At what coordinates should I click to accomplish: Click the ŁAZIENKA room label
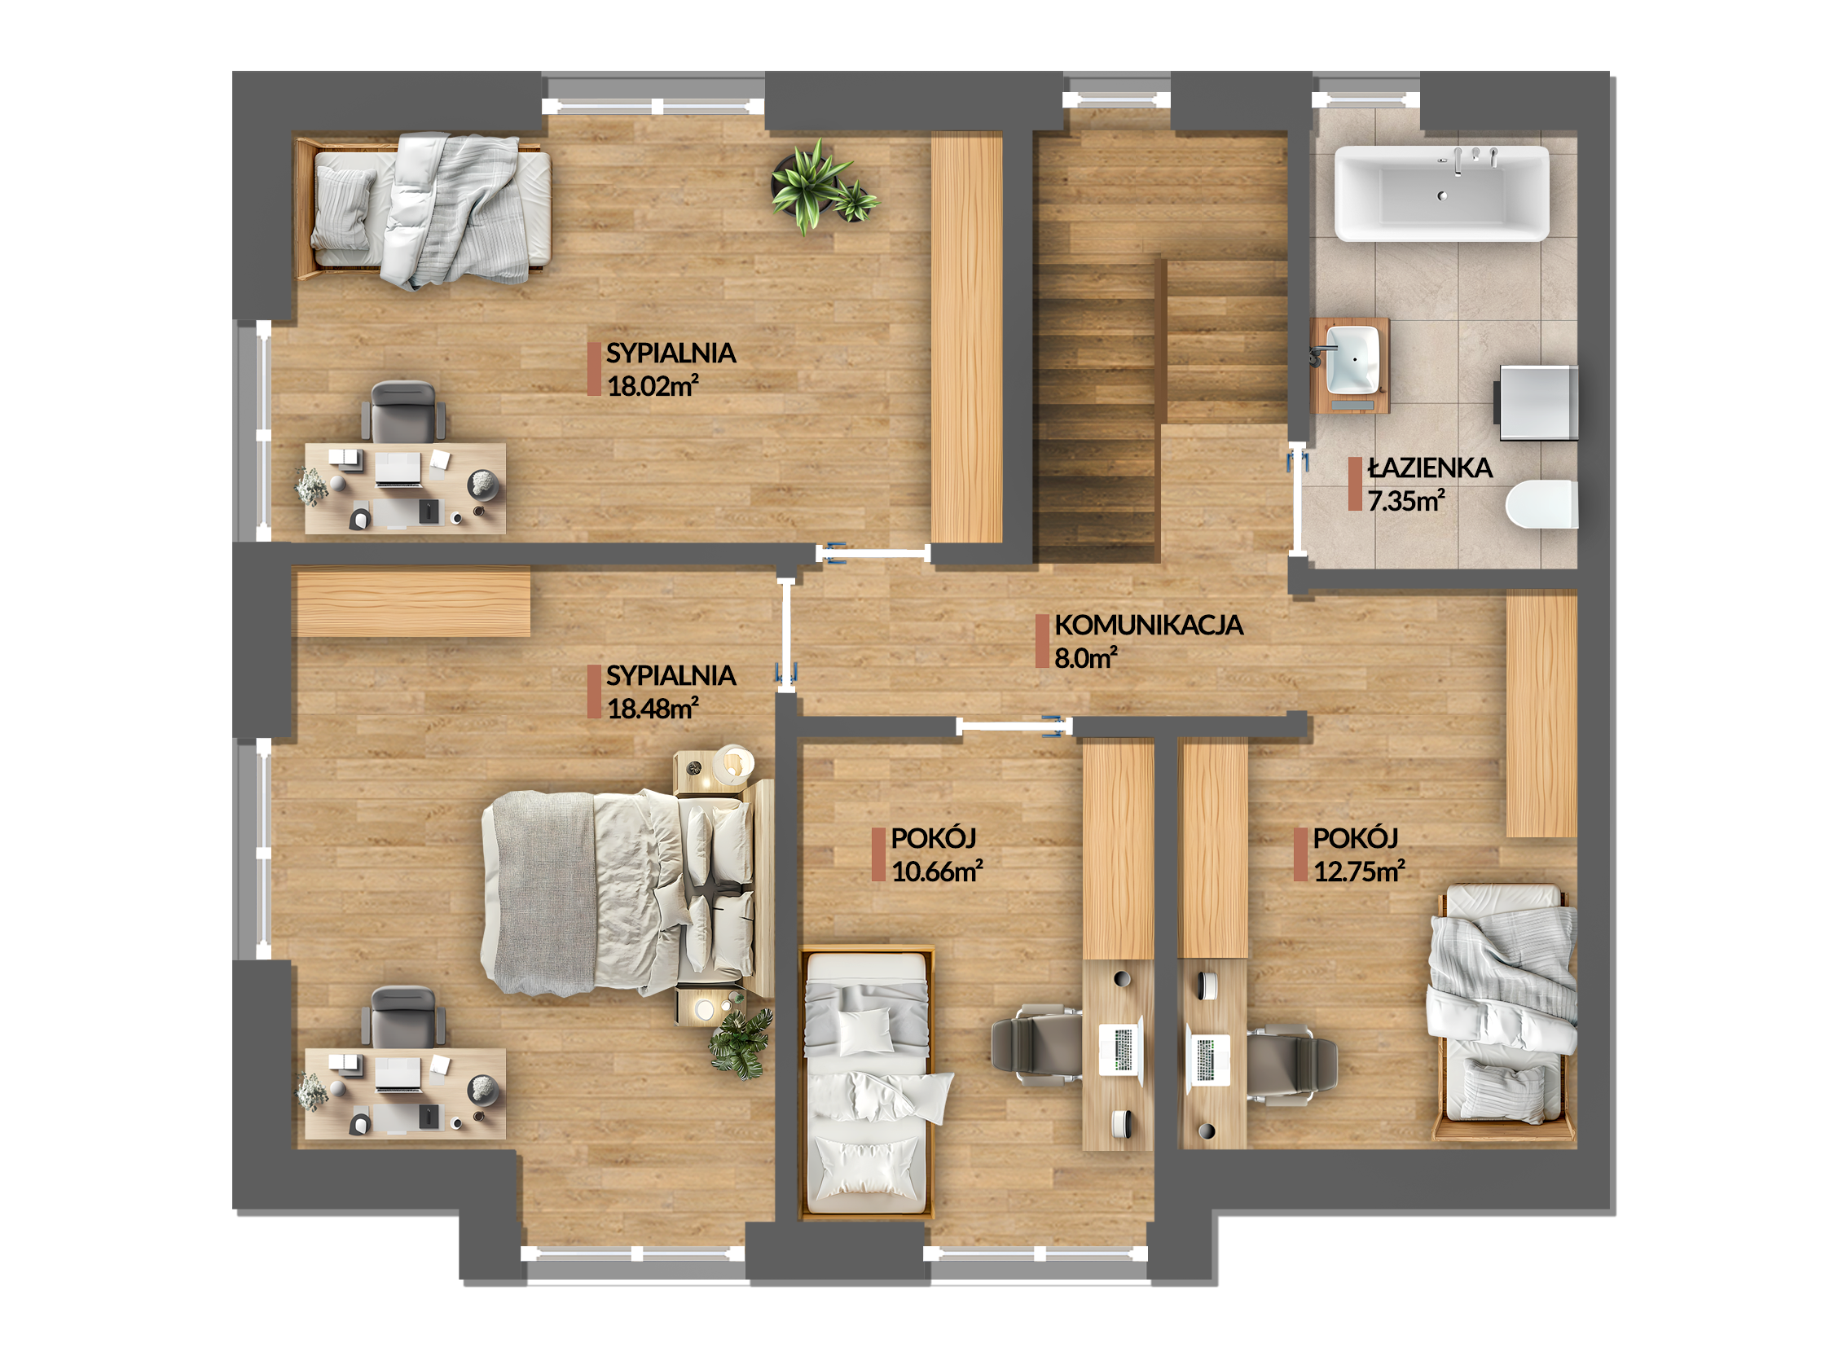(x=1430, y=468)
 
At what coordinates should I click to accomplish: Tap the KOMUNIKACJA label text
(x=1148, y=626)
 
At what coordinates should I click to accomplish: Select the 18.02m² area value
(x=653, y=385)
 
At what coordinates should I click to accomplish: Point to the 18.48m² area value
(x=653, y=708)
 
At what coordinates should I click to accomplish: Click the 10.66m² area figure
(x=937, y=871)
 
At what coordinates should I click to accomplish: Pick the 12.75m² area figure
(x=1359, y=871)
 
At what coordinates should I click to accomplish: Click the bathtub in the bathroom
(x=1441, y=193)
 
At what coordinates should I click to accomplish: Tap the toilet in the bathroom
(x=1541, y=504)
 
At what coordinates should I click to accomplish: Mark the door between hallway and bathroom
(x=1296, y=499)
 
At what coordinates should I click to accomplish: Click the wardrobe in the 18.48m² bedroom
(x=411, y=602)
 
